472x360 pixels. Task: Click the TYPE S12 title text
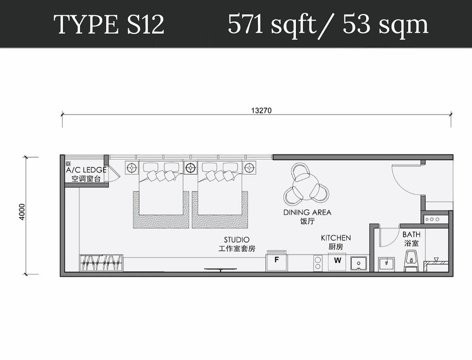coord(109,24)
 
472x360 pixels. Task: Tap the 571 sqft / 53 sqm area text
coord(328,24)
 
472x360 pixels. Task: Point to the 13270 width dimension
coord(261,111)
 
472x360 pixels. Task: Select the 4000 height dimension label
coord(22,211)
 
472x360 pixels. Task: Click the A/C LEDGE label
coord(86,170)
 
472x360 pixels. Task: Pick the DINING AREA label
coord(307,212)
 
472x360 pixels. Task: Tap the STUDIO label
coord(236,240)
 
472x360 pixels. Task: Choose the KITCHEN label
coord(336,238)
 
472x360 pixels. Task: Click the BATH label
coord(411,235)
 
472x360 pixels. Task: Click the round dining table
coord(306,184)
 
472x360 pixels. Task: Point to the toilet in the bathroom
coord(411,261)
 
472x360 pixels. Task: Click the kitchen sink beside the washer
coord(359,263)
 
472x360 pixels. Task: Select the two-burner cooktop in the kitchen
coord(318,263)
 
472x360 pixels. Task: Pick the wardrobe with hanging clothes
coord(101,263)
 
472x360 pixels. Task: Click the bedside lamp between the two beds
coord(190,167)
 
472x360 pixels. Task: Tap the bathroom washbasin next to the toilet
coord(386,264)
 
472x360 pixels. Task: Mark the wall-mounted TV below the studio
coord(220,270)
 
